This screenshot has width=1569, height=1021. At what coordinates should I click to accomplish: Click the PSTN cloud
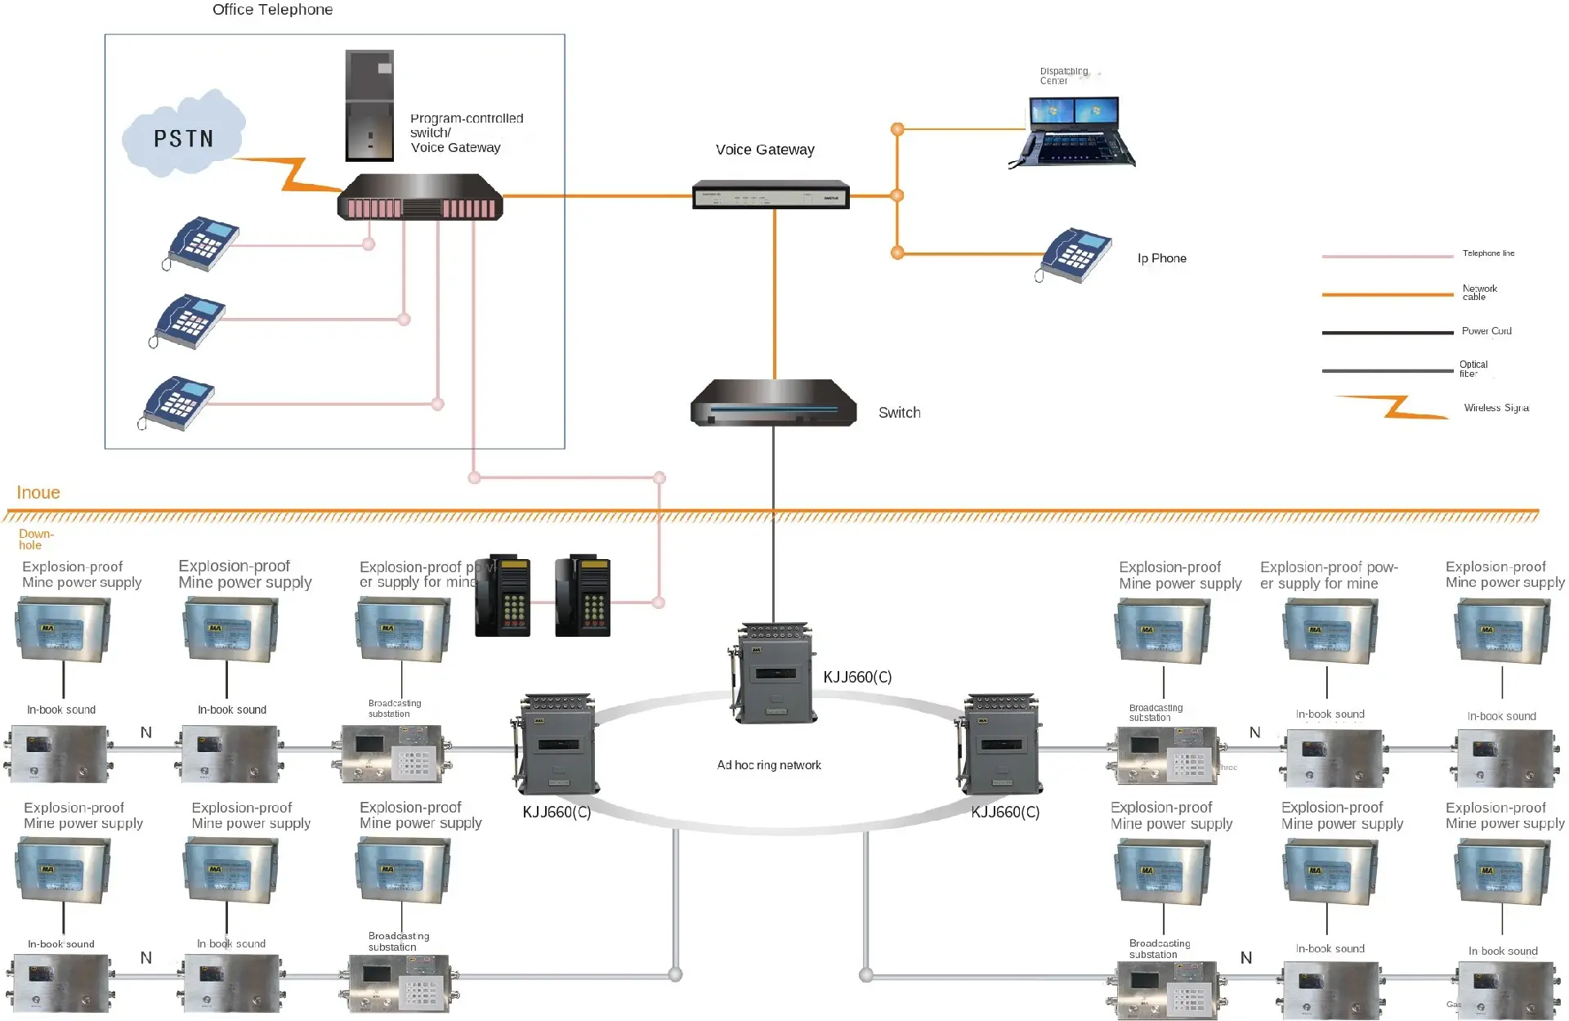tap(184, 136)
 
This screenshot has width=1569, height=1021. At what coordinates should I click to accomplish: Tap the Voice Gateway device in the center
tap(771, 195)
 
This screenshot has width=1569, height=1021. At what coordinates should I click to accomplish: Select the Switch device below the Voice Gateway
tap(773, 403)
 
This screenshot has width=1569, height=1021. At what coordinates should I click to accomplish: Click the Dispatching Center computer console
tap(1072, 133)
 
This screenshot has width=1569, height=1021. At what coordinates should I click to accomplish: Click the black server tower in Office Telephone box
tap(369, 105)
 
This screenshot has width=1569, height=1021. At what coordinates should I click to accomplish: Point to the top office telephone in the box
tap(202, 243)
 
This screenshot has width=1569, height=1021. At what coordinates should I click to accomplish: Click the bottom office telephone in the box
tap(177, 403)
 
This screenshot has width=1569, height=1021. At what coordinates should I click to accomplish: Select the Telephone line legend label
tap(1488, 253)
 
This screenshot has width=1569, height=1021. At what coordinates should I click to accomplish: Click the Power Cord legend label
tap(1486, 331)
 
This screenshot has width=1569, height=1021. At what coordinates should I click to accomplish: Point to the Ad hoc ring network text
tap(768, 765)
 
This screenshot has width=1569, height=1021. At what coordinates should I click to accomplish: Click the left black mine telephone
tap(503, 597)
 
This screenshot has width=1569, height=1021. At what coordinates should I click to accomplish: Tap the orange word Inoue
tap(38, 493)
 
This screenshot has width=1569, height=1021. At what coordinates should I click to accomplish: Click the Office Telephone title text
tap(272, 10)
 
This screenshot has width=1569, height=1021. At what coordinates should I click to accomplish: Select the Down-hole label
tap(35, 540)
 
